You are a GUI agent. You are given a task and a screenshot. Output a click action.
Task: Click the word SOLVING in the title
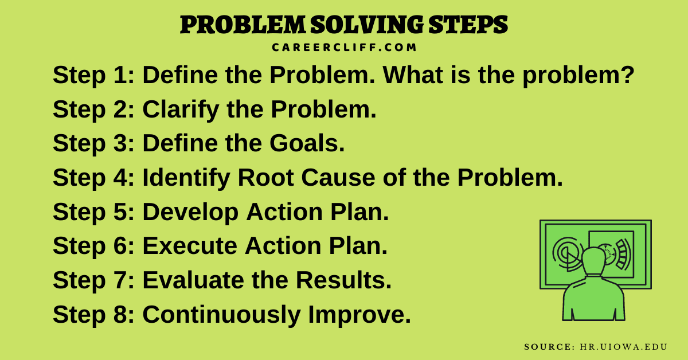[362, 25]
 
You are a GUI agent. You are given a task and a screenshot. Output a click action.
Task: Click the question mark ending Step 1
[627, 76]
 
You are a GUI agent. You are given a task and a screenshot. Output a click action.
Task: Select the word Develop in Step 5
[191, 213]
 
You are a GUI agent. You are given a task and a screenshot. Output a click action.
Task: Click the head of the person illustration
[593, 261]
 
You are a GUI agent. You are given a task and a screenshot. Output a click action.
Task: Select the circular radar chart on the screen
[566, 252]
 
